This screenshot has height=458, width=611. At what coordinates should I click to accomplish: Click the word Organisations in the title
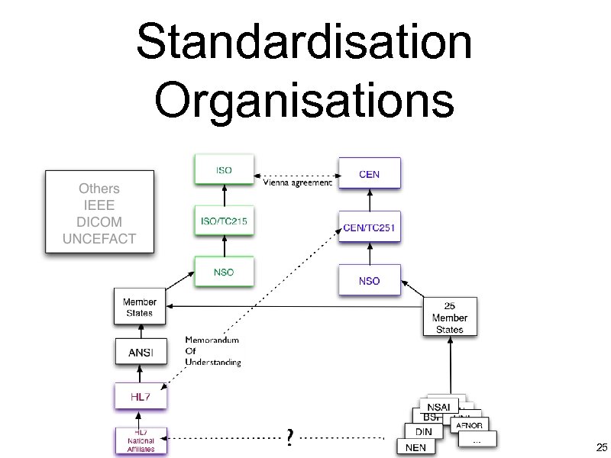coord(304,99)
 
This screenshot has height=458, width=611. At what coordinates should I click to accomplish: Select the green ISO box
coord(224,169)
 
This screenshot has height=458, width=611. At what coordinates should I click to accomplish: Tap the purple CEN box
coord(369,175)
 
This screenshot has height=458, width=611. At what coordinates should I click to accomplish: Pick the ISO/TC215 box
coord(224,222)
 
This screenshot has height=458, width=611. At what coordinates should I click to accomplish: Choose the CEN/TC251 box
coord(369,227)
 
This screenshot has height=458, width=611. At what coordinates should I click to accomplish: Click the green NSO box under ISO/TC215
coord(224,273)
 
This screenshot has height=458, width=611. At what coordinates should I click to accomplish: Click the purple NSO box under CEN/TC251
coord(369,281)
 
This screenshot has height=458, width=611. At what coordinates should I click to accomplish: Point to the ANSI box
coord(140,352)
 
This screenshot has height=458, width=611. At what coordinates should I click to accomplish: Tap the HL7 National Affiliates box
coord(140,441)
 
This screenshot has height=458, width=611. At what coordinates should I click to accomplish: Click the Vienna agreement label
coord(298,183)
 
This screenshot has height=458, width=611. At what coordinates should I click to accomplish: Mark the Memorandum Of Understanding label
coord(213,351)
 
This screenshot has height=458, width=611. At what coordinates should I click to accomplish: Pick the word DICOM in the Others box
coord(99,221)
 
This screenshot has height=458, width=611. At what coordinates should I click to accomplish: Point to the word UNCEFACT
coord(99,238)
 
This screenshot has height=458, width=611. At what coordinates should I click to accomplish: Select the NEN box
coord(416,447)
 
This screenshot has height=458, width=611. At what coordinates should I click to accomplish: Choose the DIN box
coord(424,431)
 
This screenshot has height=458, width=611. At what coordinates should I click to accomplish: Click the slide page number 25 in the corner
coord(601,447)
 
